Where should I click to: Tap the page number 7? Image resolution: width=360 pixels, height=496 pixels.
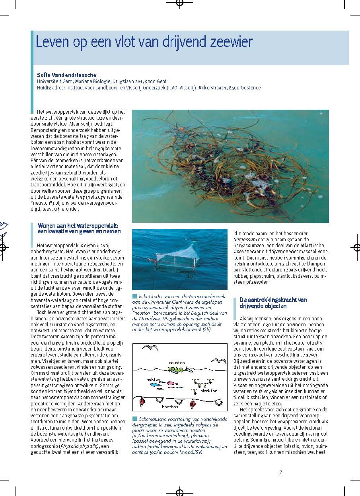coord(280,473)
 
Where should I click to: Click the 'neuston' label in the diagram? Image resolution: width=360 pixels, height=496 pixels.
coord(177,363)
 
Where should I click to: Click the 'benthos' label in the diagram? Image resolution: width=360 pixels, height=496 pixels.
coord(170,407)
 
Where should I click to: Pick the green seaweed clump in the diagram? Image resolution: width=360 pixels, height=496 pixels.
coord(175,370)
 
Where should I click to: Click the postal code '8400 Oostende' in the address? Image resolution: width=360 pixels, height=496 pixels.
coord(246,88)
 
